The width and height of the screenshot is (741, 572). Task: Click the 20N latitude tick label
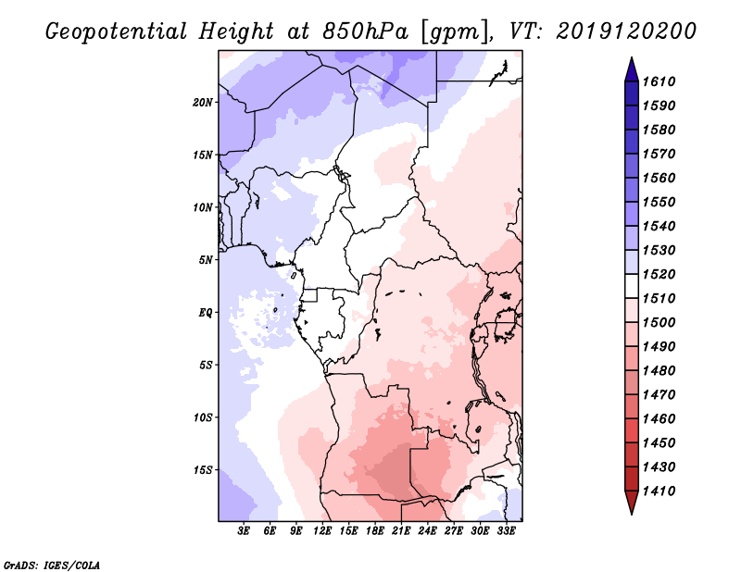point(203,102)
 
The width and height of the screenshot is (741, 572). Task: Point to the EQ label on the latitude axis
point(206,312)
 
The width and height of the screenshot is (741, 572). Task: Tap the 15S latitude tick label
point(203,469)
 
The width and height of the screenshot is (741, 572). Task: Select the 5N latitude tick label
point(206,260)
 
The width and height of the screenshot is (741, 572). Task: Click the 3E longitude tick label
point(245,532)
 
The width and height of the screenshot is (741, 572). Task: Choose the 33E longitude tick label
point(507,532)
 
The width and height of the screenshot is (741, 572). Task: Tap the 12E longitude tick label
point(323,532)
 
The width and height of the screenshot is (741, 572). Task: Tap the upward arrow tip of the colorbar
point(630,59)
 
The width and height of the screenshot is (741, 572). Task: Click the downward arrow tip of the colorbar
point(630,512)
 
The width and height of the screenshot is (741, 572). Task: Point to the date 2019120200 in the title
point(626,31)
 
